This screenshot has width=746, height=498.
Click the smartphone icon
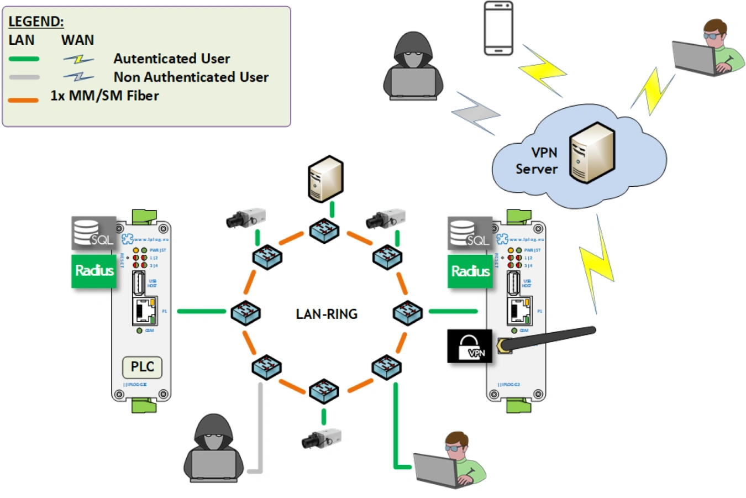[498, 28]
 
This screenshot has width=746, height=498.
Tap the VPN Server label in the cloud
[537, 161]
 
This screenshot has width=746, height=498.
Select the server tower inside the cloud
[592, 153]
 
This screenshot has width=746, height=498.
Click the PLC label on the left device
[142, 367]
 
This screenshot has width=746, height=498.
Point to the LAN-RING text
[327, 314]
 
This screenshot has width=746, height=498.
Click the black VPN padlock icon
[469, 347]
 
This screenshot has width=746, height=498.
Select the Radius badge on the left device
[94, 270]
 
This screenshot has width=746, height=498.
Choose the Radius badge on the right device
[470, 271]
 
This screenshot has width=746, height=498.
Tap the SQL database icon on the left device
[93, 233]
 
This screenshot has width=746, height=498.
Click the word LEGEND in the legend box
[36, 22]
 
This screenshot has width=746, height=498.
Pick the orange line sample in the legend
[23, 100]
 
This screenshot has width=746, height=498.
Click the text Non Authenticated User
[191, 77]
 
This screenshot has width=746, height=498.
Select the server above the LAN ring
[326, 179]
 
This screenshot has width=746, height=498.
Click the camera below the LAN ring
[321, 439]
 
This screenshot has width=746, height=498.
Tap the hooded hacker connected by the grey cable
[213, 448]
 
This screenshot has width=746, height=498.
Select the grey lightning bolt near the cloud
[475, 113]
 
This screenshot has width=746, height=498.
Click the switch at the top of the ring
[324, 230]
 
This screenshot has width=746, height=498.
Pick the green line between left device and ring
[201, 311]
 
